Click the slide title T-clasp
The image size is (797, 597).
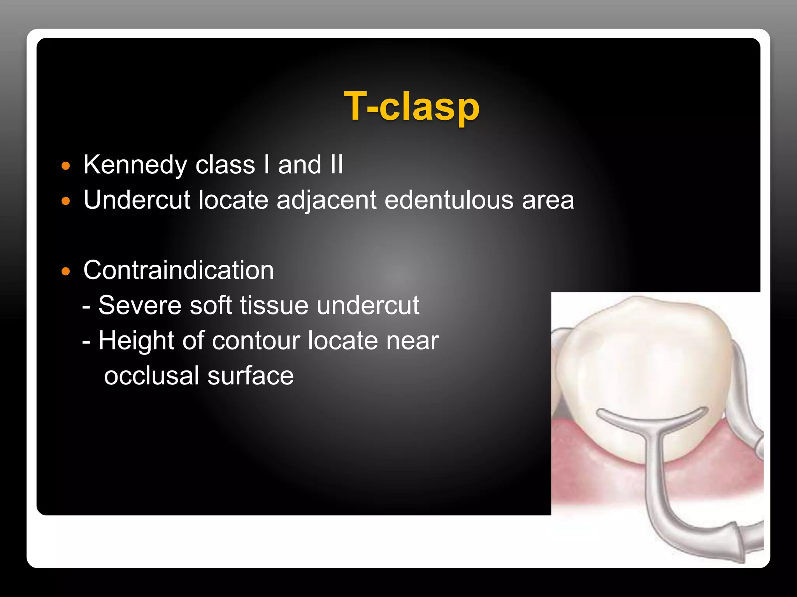pyautogui.click(x=411, y=106)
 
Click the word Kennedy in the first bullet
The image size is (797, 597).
pyautogui.click(x=135, y=165)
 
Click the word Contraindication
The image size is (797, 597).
pyautogui.click(x=179, y=270)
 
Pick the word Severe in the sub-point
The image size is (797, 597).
pyautogui.click(x=140, y=305)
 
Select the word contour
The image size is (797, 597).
pyautogui.click(x=256, y=341)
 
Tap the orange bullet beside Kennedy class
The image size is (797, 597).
pyautogui.click(x=66, y=166)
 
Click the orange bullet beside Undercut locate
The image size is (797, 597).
pyautogui.click(x=66, y=201)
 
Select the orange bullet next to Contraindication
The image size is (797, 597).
pyautogui.click(x=66, y=271)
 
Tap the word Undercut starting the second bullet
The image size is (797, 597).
pyautogui.click(x=137, y=200)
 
